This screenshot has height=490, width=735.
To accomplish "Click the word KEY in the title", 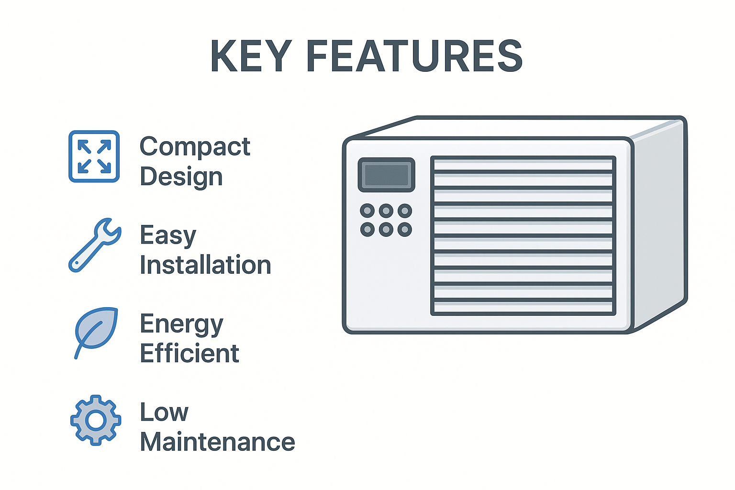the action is pyautogui.click(x=251, y=56).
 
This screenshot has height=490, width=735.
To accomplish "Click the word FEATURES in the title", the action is pyautogui.click(x=415, y=56).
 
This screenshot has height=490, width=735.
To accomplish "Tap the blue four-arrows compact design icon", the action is pyautogui.click(x=94, y=156).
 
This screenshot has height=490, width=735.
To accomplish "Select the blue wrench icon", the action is pyautogui.click(x=95, y=245).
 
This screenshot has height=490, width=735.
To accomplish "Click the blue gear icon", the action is pyautogui.click(x=96, y=420).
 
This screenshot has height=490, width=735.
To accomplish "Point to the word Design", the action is pyautogui.click(x=181, y=177).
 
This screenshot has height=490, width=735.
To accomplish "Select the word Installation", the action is pyautogui.click(x=206, y=265).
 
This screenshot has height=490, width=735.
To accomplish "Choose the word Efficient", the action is pyautogui.click(x=189, y=353).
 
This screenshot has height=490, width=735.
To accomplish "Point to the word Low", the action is pyautogui.click(x=165, y=412).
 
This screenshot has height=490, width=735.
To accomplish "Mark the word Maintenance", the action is pyautogui.click(x=218, y=441).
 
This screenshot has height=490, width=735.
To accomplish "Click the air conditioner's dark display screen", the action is pyautogui.click(x=387, y=175).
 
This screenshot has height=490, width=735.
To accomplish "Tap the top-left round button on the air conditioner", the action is pyautogui.click(x=367, y=211).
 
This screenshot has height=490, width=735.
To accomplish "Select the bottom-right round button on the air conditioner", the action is pyautogui.click(x=405, y=229).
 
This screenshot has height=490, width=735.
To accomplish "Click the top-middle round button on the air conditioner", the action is pyautogui.click(x=386, y=211).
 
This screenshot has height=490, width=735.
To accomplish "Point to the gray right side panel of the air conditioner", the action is pyautogui.click(x=659, y=223).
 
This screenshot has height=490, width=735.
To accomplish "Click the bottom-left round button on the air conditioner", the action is pyautogui.click(x=367, y=229).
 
